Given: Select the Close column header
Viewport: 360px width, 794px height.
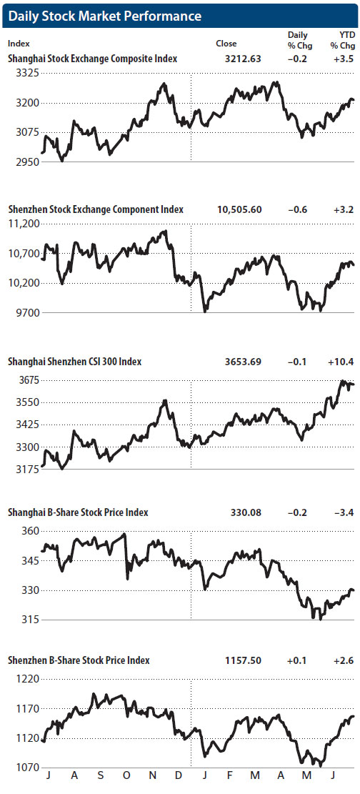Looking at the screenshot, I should (x=226, y=44).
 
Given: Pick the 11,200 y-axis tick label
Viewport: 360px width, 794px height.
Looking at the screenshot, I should (x=24, y=224).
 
